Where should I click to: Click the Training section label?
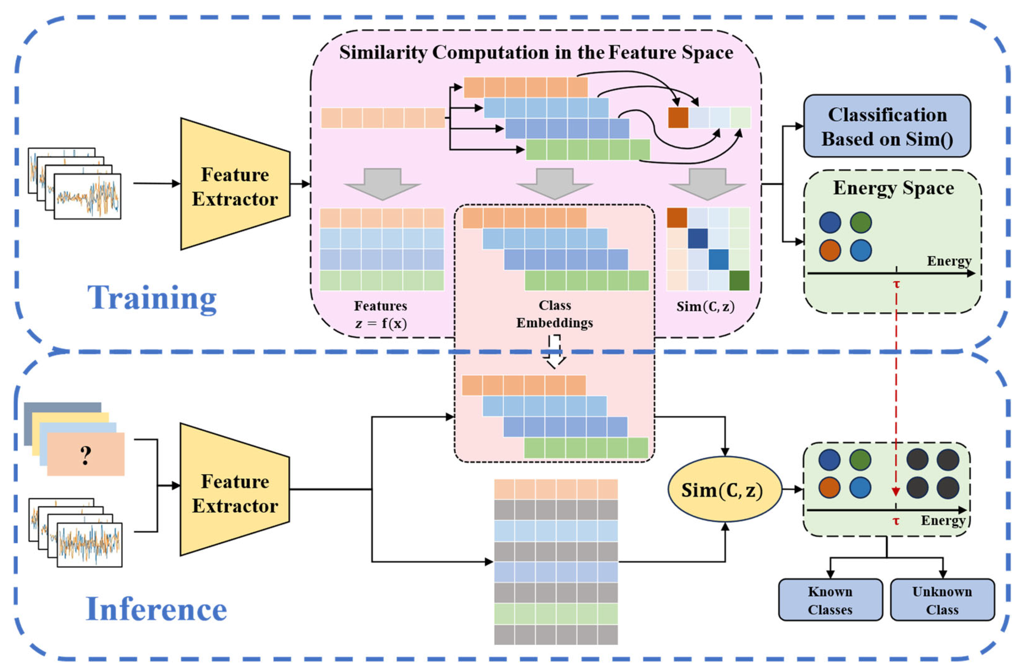click(x=152, y=298)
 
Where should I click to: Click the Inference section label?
click(x=156, y=609)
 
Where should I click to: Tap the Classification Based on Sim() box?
click(x=887, y=126)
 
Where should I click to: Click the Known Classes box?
click(x=830, y=600)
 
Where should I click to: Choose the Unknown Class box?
click(x=942, y=600)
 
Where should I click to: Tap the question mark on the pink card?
click(x=86, y=455)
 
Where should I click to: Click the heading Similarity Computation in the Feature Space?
click(x=536, y=52)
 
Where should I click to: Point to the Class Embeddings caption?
click(x=555, y=314)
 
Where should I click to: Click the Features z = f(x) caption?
click(x=381, y=314)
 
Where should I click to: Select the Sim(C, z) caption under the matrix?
click(x=705, y=307)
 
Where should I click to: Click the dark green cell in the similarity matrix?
click(x=739, y=281)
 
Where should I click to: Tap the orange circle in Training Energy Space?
click(x=830, y=250)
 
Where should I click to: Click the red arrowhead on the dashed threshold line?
click(x=896, y=492)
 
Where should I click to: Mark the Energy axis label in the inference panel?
click(x=942, y=521)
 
